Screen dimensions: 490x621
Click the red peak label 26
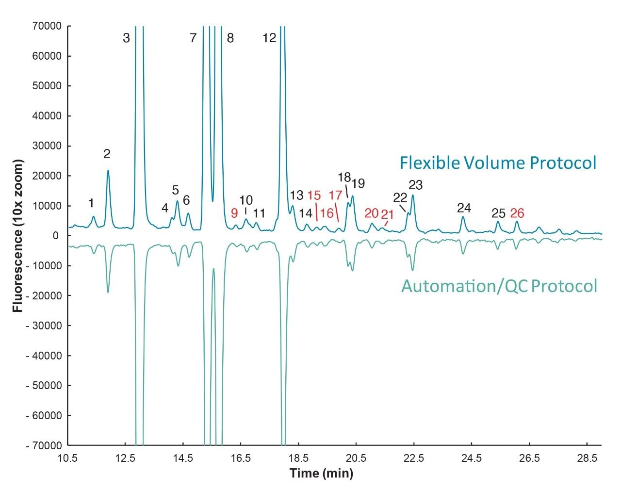pos(517,213)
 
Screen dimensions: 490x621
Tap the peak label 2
pos(107,154)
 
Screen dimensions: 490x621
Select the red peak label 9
pos(234,213)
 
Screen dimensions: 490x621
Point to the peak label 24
pos(464,208)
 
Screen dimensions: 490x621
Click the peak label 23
pos(416,185)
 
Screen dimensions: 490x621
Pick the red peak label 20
pos(371,213)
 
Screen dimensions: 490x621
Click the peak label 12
pos(269,38)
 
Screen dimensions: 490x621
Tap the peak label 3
pos(126,38)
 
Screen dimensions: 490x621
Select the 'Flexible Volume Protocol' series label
pos(498,163)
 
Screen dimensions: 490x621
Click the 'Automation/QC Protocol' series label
pos(499,286)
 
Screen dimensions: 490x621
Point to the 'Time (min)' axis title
pos(321,473)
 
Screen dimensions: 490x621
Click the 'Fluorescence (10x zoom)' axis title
pos(18,235)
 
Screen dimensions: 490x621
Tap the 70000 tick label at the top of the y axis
pos(48,26)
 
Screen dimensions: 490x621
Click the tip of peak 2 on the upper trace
pos(108,170)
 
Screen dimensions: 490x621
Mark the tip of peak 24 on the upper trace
pos(463,217)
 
